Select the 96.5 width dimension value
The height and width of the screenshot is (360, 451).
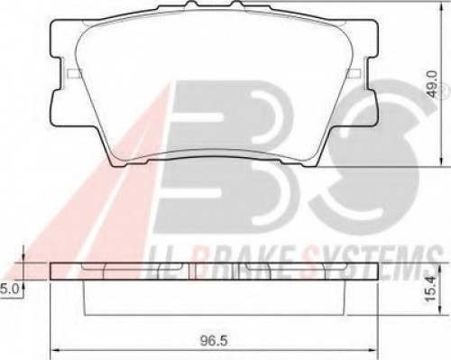[x=214, y=341]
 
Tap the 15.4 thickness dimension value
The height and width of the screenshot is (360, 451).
[x=431, y=290]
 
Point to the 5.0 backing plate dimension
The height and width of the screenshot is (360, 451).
[x=10, y=290]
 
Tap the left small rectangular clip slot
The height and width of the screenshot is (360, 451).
[x=74, y=73]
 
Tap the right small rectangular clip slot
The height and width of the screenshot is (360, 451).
[x=354, y=73]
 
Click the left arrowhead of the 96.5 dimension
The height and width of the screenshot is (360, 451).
[x=55, y=350]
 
